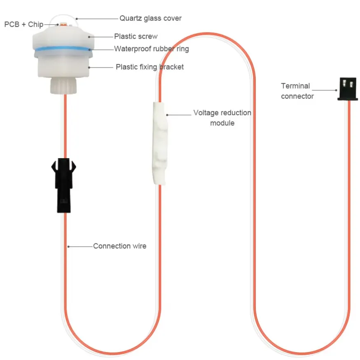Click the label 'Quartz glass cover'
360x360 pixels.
coord(150,18)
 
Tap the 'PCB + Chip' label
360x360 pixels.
coord(23,25)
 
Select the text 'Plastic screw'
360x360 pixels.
coord(136,37)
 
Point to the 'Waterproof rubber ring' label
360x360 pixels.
coord(151,49)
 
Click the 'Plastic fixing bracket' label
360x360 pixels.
coord(150,67)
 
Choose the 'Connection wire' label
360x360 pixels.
coord(119,246)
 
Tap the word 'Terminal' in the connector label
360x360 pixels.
coord(295,86)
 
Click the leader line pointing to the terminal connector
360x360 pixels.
coord(325,90)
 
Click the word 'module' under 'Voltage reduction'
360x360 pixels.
coord(222,123)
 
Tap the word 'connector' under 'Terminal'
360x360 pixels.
coord(297,96)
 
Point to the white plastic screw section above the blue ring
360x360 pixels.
coord(62,38)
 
